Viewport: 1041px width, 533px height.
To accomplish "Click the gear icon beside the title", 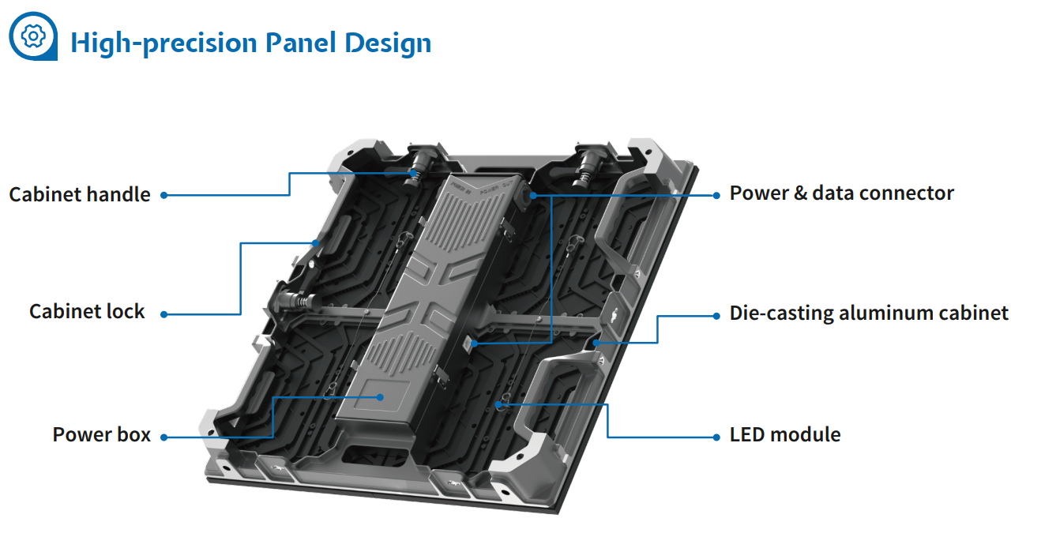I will [x=33, y=36].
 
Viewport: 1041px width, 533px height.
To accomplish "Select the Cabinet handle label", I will [x=80, y=194].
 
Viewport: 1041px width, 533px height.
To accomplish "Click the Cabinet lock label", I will [x=87, y=311].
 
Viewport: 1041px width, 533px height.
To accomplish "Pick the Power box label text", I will [x=101, y=434].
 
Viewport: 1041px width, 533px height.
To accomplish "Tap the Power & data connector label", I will [x=841, y=193].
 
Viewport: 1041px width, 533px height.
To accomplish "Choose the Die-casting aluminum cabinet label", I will [x=869, y=313].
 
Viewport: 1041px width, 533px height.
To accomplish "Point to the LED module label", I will [x=784, y=434].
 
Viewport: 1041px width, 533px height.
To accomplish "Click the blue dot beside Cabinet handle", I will [x=164, y=195].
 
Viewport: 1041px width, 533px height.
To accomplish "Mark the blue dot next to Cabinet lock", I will [x=164, y=313].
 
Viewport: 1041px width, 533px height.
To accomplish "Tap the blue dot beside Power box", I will [x=164, y=436].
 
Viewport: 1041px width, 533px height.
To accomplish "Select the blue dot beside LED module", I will [x=716, y=436].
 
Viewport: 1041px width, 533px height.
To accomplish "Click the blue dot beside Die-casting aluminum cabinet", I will [x=716, y=314].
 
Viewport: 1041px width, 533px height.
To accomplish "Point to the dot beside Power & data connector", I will [x=716, y=194].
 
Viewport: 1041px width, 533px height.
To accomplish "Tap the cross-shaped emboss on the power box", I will [x=427, y=304].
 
